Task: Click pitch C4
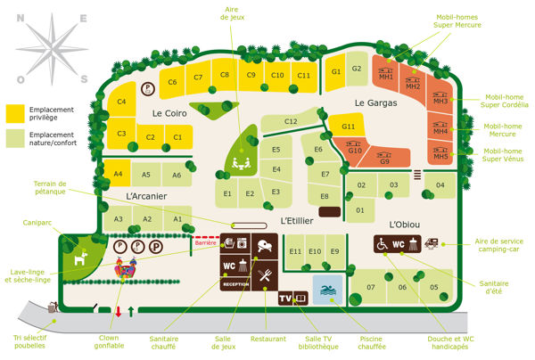pos(120,103)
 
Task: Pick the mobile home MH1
pos(386,76)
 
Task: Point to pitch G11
pos(348,127)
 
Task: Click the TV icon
pos(286,299)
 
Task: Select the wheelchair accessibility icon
pos(382,243)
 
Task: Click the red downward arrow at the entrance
pos(118,311)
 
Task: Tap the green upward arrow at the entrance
pos(133,311)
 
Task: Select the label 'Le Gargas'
pos(374,102)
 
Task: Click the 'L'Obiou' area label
pos(404,224)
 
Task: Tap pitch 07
pos(370,287)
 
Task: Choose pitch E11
pos(295,252)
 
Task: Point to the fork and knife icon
pos(265,277)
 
